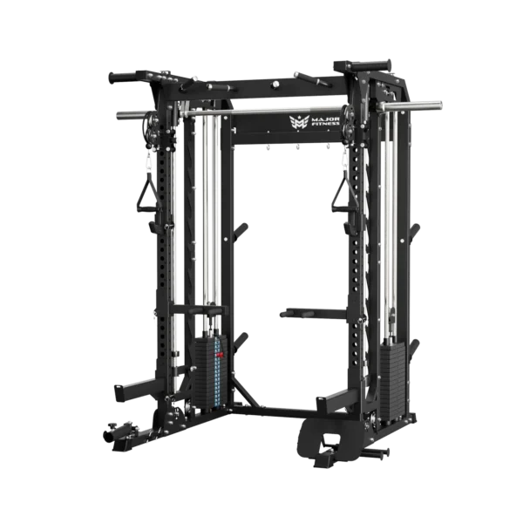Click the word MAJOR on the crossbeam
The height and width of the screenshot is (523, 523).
[x=325, y=119]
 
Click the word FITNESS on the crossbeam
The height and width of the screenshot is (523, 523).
[x=325, y=124]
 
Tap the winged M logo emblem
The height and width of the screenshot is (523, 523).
[x=299, y=122]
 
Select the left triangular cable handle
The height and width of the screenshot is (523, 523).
[x=146, y=196]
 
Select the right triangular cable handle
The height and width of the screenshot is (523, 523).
[x=343, y=194]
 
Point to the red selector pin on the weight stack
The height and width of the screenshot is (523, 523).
[x=219, y=355]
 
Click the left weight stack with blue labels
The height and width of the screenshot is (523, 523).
[x=211, y=370]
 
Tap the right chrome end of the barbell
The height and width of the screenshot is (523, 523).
[x=410, y=105]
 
